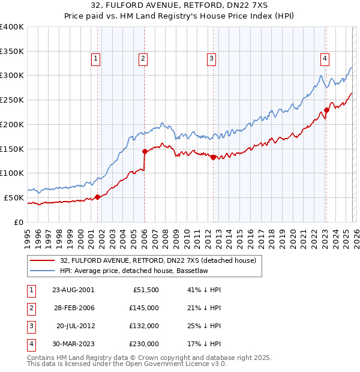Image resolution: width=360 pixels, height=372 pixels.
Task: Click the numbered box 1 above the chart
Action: pos(96,58)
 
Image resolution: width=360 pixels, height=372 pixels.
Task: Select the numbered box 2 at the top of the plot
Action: pos(143,58)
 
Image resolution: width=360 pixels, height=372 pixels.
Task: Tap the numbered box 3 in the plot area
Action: pos(212,58)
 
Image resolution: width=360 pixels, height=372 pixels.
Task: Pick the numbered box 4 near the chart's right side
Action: pos(325,58)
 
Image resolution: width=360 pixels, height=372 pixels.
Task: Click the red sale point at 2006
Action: pos(145,151)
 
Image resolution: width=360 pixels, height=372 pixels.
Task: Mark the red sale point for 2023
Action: pos(327,110)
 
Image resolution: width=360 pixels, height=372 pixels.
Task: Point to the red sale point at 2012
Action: pos(213,157)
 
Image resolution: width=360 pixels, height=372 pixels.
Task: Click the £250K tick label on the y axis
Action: pos(13,100)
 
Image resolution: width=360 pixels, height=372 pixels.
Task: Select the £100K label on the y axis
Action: pos(13,173)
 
